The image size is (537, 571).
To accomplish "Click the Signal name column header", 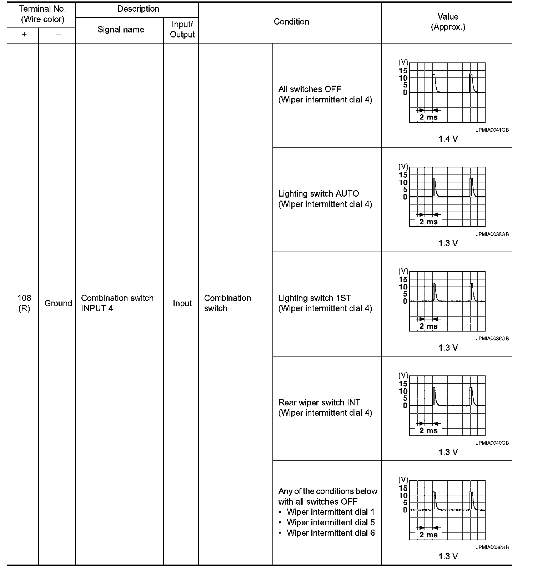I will pyautogui.click(x=121, y=30).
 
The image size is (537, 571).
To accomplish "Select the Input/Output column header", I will pyautogui.click(x=182, y=30).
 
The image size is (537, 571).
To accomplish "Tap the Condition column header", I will pyautogui.click(x=291, y=22).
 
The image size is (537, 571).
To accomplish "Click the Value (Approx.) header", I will pyautogui.click(x=448, y=22).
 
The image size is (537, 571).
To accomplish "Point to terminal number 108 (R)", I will pyautogui.click(x=24, y=303).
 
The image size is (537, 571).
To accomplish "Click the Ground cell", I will pyautogui.click(x=58, y=303).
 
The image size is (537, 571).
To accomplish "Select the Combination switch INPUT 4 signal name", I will pyautogui.click(x=117, y=303).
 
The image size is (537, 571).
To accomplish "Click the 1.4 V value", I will pyautogui.click(x=448, y=139).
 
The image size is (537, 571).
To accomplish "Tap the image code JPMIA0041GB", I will pyautogui.click(x=492, y=130).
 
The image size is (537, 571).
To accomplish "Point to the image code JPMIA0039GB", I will pyautogui.click(x=492, y=547).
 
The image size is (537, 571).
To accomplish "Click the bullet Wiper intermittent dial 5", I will pyautogui.click(x=331, y=522).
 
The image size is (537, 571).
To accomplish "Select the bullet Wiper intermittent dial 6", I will pyautogui.click(x=331, y=533).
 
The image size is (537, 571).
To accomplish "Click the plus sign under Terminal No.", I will pyautogui.click(x=24, y=35).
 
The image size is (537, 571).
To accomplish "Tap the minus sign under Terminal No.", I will pyautogui.click(x=58, y=35).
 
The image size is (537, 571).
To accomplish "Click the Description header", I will pyautogui.click(x=138, y=9).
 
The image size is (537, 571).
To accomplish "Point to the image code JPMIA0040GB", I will pyautogui.click(x=492, y=443).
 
